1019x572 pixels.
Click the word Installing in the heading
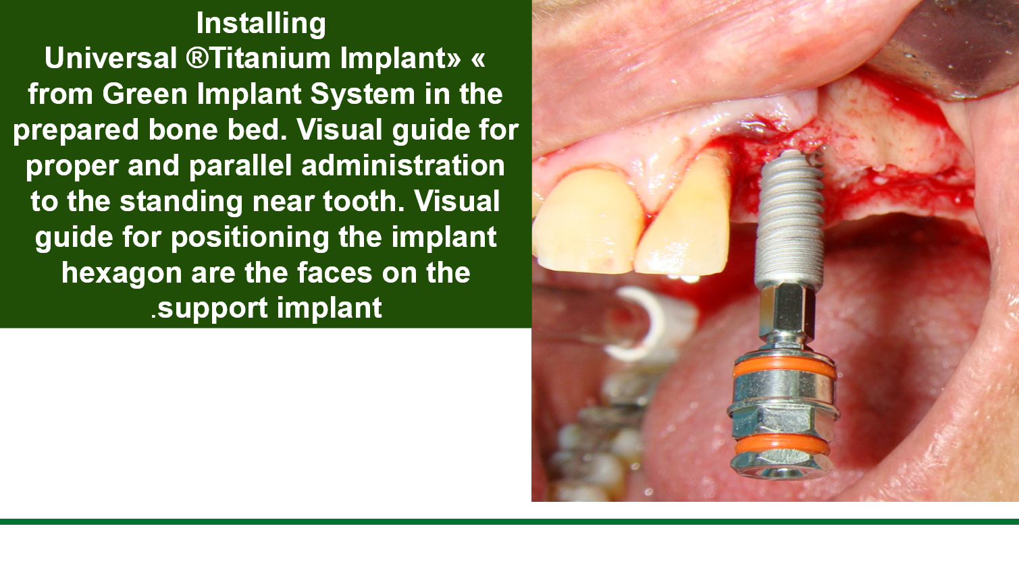[x=261, y=24]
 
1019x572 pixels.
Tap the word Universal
[x=111, y=59]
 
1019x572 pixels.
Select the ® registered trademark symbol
[x=197, y=59]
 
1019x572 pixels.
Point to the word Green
[x=145, y=94]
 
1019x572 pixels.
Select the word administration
[x=403, y=166]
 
